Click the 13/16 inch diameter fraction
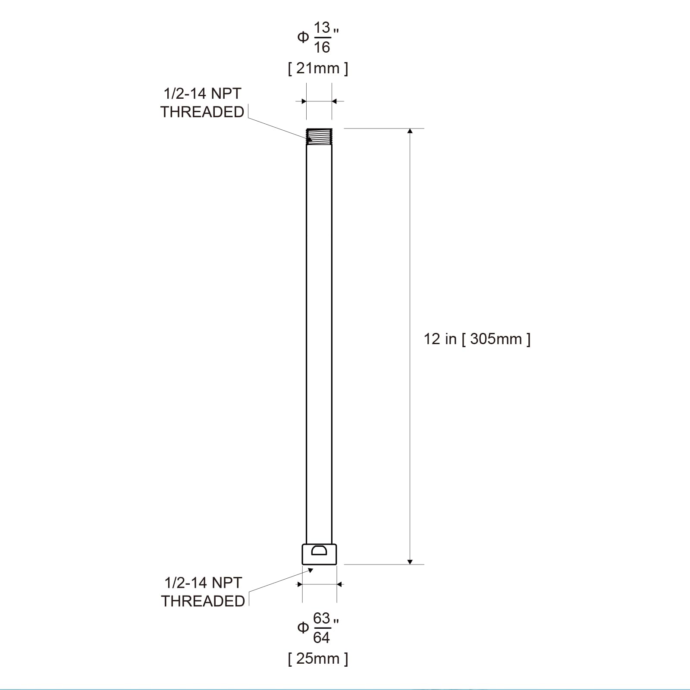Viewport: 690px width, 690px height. [x=322, y=38]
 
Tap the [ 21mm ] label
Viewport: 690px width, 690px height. [x=318, y=68]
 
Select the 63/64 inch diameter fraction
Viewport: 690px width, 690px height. [x=322, y=628]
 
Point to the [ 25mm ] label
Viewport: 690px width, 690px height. [x=318, y=659]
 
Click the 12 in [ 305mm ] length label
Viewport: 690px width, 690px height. [x=477, y=339]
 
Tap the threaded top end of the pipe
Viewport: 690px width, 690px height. [x=319, y=136]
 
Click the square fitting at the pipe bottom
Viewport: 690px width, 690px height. [x=319, y=554]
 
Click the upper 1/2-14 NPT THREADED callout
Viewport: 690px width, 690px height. [x=202, y=103]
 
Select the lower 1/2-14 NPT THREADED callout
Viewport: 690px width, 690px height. [x=203, y=592]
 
